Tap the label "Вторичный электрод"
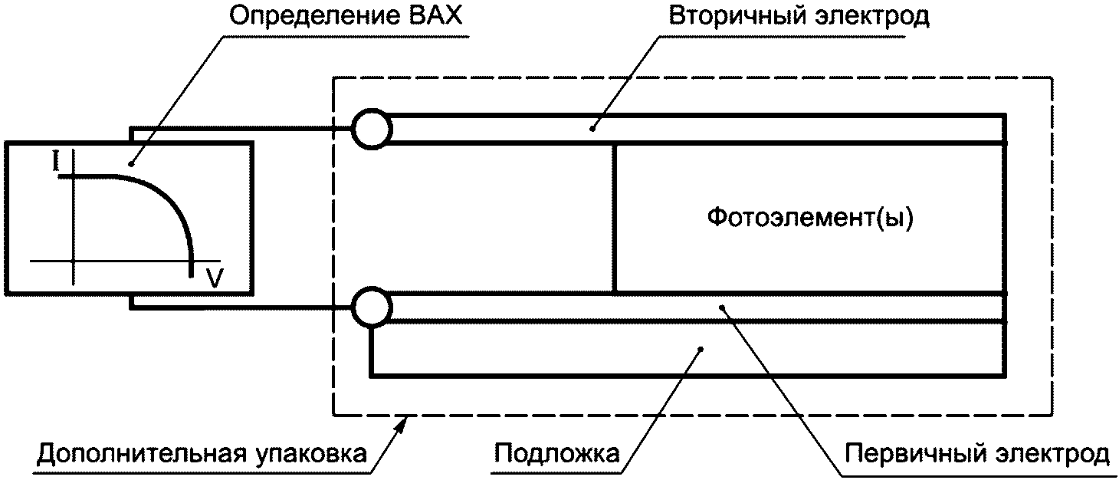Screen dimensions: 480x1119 [799, 17]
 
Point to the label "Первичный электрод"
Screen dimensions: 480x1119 [976, 454]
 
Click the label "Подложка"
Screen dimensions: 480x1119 [556, 454]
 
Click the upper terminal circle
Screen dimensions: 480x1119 [372, 128]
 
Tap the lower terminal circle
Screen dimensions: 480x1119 [372, 307]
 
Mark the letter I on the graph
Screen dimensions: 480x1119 [56, 162]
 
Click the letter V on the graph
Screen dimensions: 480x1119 [215, 280]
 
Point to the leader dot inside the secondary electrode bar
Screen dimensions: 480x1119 [592, 128]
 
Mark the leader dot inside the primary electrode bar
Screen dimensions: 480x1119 [721, 307]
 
